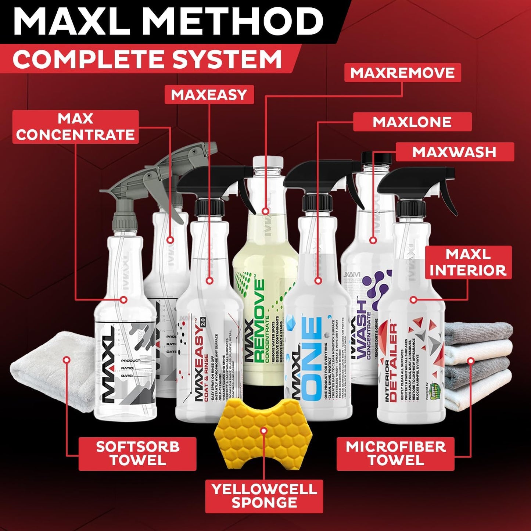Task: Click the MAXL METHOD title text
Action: (168, 22)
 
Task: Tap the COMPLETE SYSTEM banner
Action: (147, 60)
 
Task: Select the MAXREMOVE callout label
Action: (402, 73)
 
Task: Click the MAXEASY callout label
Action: (209, 95)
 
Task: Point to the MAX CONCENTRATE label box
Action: (75, 127)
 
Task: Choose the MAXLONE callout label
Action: (412, 122)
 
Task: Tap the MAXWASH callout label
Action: (454, 152)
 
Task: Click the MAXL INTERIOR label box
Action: (468, 262)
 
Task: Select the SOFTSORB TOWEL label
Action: (137, 453)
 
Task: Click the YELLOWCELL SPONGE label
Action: (264, 496)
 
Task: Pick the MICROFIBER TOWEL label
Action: (395, 453)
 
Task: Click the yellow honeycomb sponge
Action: (263, 430)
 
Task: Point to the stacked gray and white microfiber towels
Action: (478, 367)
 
